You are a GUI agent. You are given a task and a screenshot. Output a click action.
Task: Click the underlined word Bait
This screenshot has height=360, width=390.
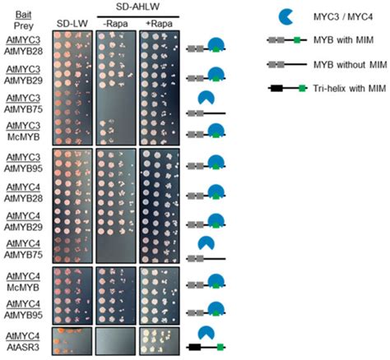22,14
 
